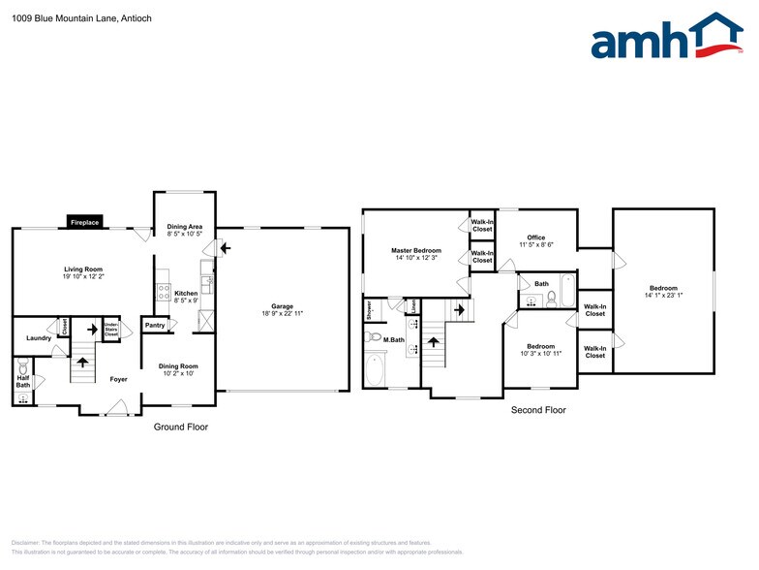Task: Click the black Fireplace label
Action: [84, 223]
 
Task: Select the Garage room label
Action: [282, 306]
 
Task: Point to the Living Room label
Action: [83, 269]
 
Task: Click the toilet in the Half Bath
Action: [22, 368]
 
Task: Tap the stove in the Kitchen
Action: [164, 291]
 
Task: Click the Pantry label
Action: [155, 326]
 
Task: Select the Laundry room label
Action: [39, 337]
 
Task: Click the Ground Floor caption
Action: [181, 427]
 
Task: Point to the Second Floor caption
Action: [538, 410]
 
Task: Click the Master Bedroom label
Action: [415, 250]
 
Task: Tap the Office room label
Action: [535, 237]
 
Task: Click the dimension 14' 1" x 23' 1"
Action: [663, 295]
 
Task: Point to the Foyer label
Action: [118, 379]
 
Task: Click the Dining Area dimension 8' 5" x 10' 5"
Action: [184, 234]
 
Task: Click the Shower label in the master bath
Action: [370, 310]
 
